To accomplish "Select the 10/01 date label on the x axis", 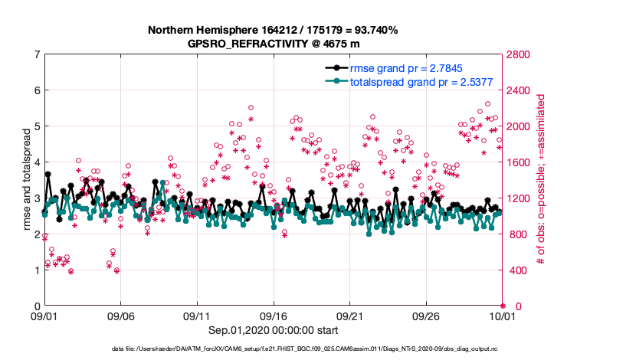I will [503, 316].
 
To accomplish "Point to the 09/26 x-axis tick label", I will [426, 316].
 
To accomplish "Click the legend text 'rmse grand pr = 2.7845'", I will [414, 67].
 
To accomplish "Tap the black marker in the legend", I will [335, 67].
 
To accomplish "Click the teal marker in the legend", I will [335, 81].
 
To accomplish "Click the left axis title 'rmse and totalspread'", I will [26, 180].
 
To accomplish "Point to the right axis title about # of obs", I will [542, 180].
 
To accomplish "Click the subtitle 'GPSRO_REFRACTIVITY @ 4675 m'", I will [274, 44].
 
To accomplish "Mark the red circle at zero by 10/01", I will [503, 305].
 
